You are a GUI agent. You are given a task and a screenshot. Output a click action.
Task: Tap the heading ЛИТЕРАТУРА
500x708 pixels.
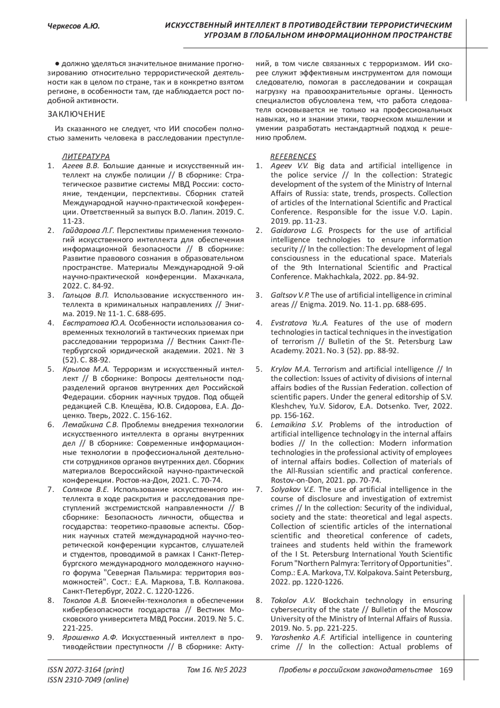(86, 156)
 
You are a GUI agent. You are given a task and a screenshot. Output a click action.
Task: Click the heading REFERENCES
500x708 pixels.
(293, 156)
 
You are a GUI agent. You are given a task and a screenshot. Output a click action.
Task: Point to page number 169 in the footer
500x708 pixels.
(446, 670)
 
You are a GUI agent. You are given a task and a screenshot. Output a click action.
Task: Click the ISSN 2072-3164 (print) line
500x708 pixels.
(86, 670)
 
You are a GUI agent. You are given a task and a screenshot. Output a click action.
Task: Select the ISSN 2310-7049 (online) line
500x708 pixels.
(88, 680)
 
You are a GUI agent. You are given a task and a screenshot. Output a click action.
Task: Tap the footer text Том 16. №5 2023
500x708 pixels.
(217, 670)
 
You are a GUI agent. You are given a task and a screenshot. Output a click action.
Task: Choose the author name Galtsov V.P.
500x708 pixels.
(290, 295)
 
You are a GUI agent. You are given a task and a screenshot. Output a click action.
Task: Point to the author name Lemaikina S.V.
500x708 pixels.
(297, 425)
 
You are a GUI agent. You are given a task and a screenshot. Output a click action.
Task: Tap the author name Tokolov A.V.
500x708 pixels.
(293, 600)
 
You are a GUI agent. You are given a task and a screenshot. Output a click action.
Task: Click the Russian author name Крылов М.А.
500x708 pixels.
(85, 369)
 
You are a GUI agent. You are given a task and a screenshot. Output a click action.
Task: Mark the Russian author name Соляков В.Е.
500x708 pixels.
(85, 489)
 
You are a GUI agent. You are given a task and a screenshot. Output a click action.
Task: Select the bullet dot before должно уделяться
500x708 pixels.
(57, 64)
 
